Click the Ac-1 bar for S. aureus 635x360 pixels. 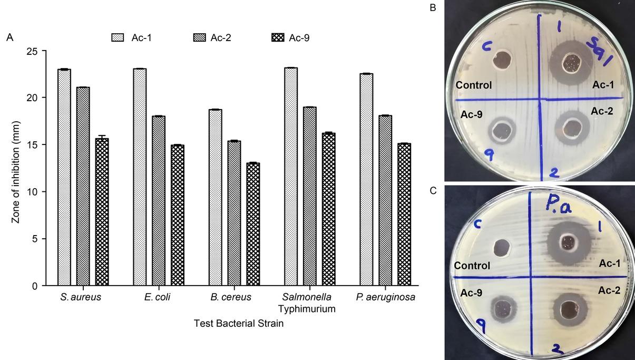[64, 178]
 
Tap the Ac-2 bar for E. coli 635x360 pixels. [159, 201]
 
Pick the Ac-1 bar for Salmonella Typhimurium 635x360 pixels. [290, 177]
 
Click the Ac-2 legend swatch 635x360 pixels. [201, 37]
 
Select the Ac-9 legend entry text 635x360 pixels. [299, 37]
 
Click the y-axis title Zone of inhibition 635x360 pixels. [15, 168]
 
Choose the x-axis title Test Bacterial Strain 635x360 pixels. [238, 324]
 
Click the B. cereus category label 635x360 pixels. [231, 297]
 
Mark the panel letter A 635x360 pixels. [9, 37]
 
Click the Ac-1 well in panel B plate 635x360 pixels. [569, 63]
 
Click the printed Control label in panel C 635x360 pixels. [472, 266]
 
